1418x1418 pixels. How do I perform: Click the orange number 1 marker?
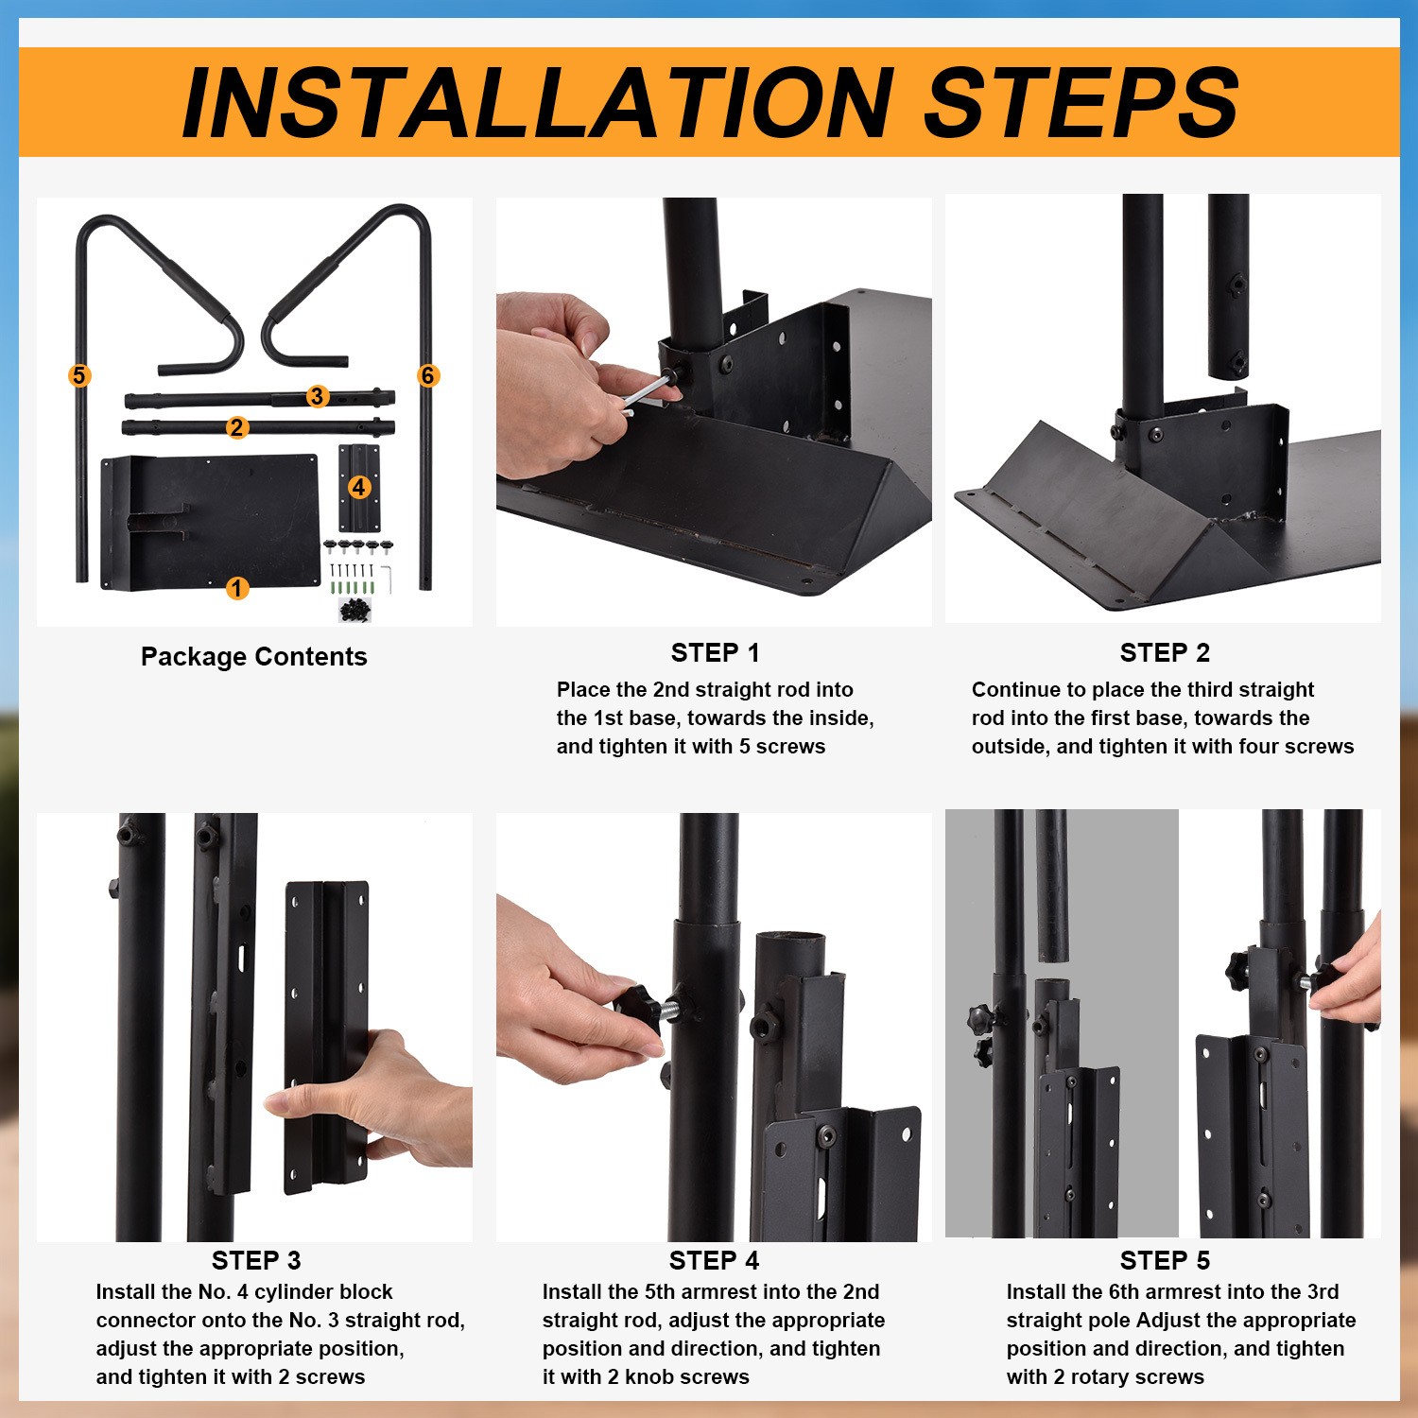(x=236, y=588)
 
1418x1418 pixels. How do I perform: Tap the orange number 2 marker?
(x=236, y=427)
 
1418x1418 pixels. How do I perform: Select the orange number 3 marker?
(x=317, y=396)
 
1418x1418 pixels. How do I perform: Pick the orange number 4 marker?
(x=358, y=487)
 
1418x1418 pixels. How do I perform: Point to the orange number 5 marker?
(x=79, y=375)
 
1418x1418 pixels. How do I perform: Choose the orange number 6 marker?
(x=427, y=375)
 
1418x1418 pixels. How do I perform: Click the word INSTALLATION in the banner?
(x=538, y=102)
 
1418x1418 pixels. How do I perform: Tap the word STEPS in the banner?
(x=1081, y=102)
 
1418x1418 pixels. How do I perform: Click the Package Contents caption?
(x=253, y=656)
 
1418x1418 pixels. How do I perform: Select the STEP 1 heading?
(x=715, y=652)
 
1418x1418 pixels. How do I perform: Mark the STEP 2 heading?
(x=1165, y=652)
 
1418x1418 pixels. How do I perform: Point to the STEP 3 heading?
(x=256, y=1260)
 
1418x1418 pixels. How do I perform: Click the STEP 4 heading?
(x=714, y=1260)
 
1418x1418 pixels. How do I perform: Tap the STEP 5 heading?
(x=1165, y=1260)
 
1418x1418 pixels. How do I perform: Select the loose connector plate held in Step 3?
(x=327, y=1037)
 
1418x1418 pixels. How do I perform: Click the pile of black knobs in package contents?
(x=355, y=611)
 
